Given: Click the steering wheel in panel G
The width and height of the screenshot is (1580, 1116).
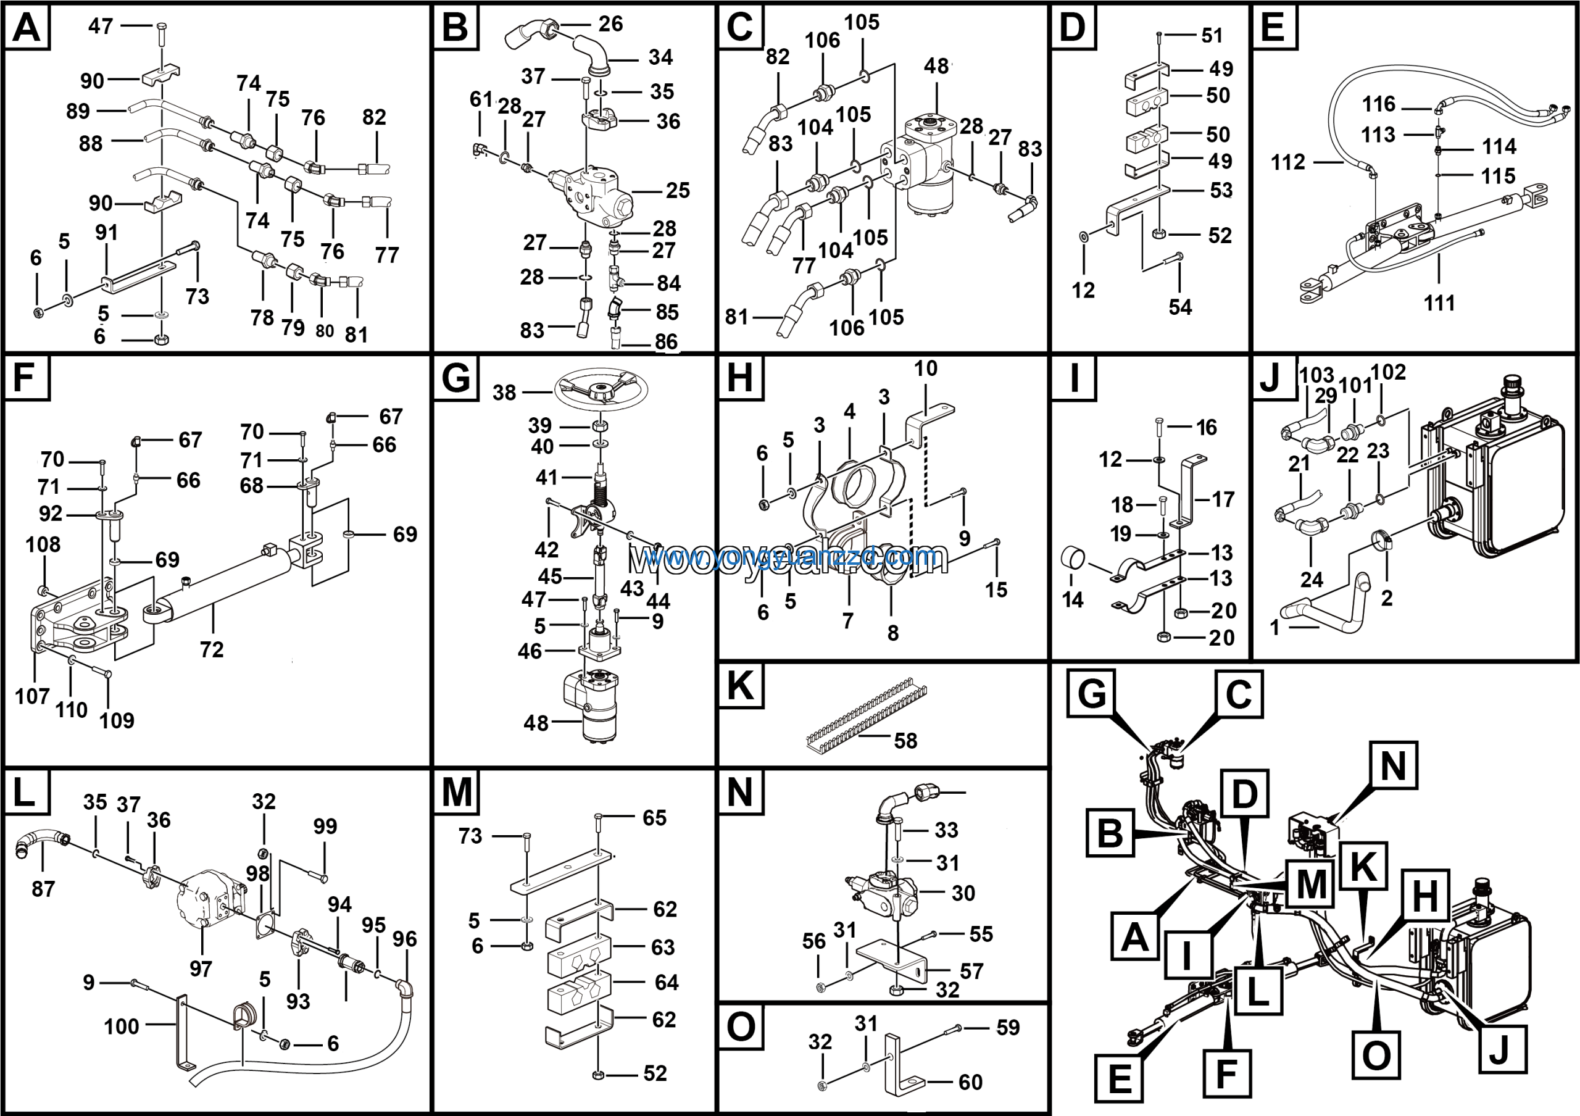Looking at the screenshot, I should [x=601, y=390].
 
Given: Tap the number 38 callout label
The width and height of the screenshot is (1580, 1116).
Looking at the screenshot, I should [x=504, y=393].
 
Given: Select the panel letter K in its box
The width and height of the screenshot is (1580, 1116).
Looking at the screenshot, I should [x=740, y=686].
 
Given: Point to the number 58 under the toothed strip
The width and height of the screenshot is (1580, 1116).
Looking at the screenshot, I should [x=905, y=741].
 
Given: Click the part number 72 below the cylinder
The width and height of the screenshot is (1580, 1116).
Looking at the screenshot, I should [x=211, y=649].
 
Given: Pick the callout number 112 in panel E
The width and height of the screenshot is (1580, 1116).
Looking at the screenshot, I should [x=1287, y=162].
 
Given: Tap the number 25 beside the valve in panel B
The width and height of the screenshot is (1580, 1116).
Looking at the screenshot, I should [x=677, y=191].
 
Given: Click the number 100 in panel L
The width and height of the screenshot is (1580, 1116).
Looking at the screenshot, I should [x=121, y=1026].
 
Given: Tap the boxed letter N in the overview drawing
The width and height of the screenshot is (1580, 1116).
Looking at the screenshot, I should [x=1393, y=766].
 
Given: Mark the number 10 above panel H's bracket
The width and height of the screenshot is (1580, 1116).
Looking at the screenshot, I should [x=926, y=369].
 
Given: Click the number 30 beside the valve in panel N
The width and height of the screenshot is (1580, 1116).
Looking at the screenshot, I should [x=963, y=893].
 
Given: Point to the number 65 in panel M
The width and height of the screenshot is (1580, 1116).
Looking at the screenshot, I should [x=654, y=817].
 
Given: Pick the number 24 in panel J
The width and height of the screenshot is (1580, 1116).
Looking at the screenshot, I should [x=1311, y=580].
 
